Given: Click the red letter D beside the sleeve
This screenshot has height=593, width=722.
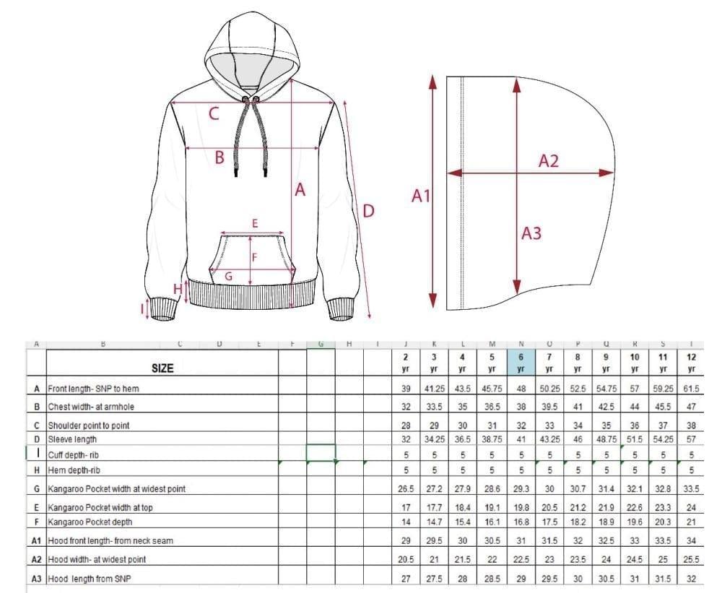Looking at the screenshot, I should [368, 211].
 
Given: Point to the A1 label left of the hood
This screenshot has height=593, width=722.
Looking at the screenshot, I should [421, 195].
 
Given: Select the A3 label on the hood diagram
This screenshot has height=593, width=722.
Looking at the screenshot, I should [531, 233].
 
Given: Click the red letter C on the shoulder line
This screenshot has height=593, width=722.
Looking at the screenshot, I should [214, 114].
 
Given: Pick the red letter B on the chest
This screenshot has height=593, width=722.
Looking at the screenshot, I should [219, 157].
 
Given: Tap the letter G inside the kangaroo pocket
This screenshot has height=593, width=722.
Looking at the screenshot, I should [228, 275].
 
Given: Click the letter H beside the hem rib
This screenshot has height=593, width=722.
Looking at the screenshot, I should [177, 288].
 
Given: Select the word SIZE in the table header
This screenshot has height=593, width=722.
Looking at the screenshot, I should [162, 368].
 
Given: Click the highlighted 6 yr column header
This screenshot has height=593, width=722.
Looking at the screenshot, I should [521, 362].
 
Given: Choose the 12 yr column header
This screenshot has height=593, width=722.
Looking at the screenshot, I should [692, 362].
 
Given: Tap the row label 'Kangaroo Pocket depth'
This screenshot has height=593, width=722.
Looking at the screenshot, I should [90, 521].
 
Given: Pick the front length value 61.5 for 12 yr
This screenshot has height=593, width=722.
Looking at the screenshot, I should [692, 389].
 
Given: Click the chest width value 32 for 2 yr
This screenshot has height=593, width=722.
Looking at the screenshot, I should [406, 407].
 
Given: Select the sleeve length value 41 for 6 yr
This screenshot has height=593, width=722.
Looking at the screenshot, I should [521, 439].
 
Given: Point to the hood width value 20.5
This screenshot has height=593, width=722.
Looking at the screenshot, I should [406, 560].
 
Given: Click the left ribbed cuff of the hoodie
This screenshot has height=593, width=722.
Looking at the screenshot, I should [162, 308].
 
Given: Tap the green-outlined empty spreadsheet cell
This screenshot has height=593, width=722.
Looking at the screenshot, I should [321, 453].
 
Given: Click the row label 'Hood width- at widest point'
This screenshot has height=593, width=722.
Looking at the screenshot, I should [97, 560].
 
